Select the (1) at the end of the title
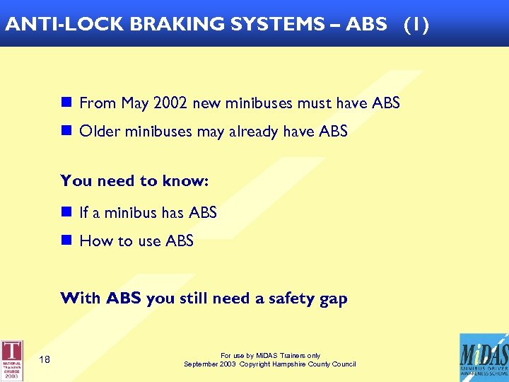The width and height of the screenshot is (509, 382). pyautogui.click(x=416, y=23)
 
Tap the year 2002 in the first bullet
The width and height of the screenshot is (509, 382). pyautogui.click(x=170, y=103)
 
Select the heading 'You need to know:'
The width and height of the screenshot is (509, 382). pyautogui.click(x=134, y=180)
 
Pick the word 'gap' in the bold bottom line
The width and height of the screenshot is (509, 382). pyautogui.click(x=333, y=299)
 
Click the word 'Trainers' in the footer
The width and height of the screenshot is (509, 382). pyautogui.click(x=290, y=356)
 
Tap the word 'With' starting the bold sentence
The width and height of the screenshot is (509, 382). pyautogui.click(x=81, y=299)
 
